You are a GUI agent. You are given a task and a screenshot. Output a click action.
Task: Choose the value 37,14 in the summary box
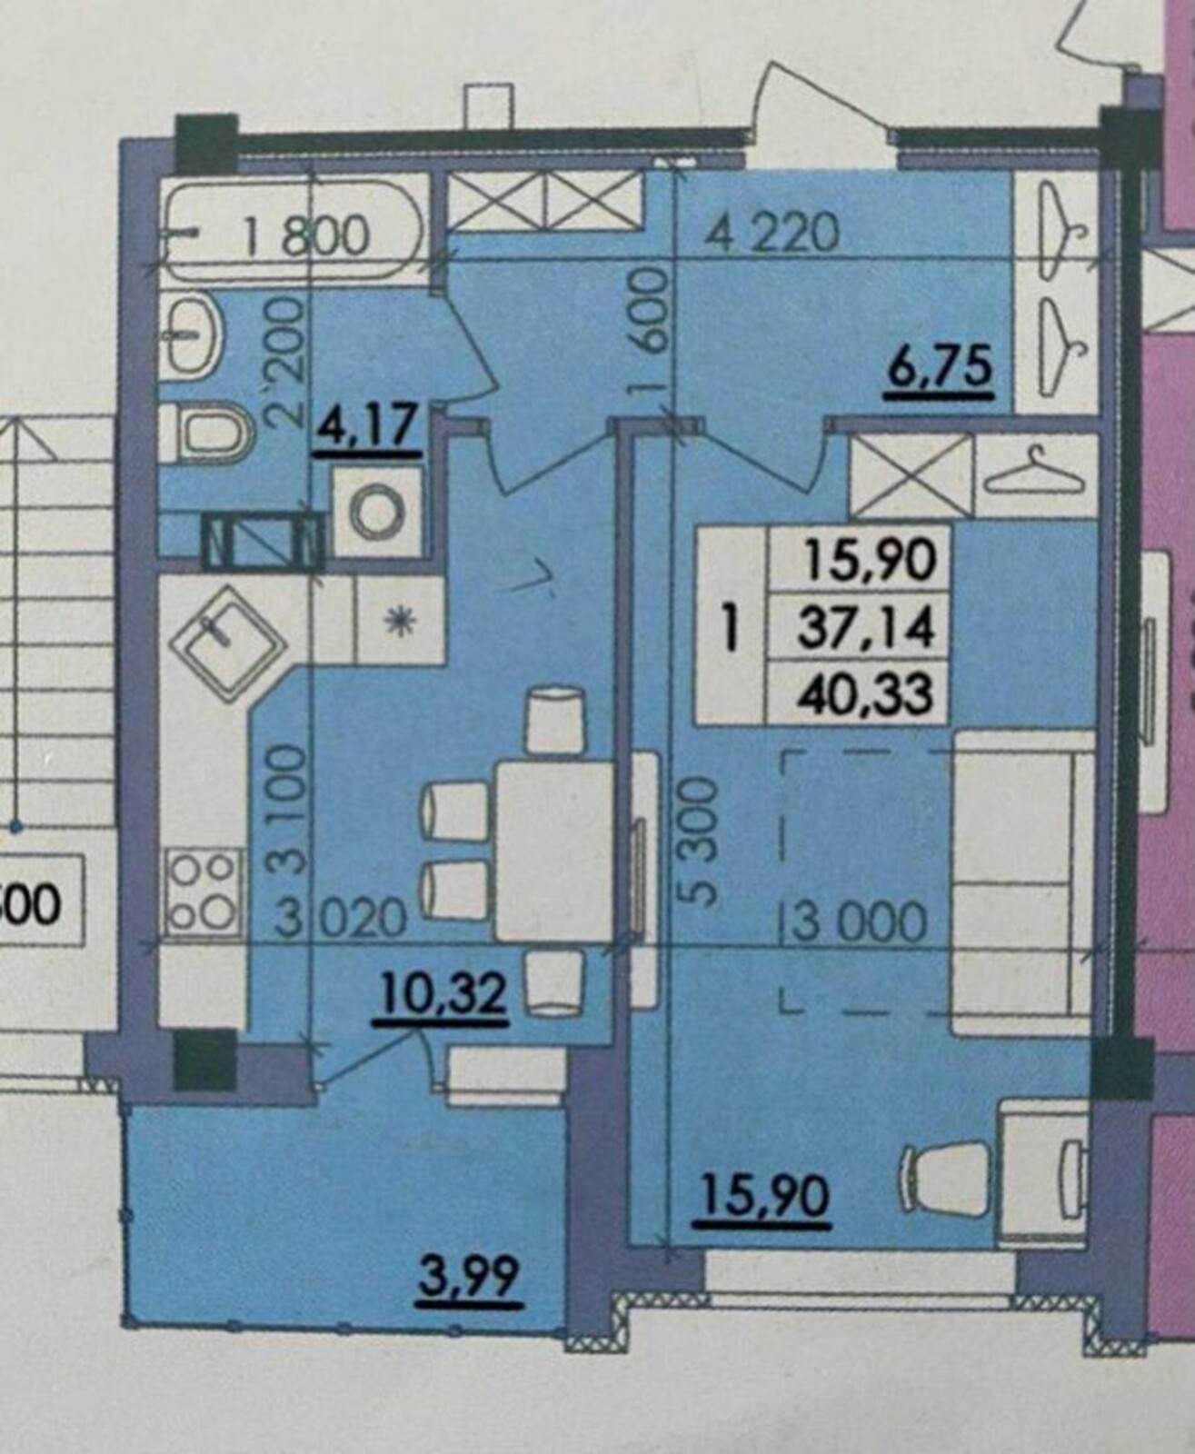point(866,628)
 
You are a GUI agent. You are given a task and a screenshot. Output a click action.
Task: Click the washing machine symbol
point(376,511)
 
